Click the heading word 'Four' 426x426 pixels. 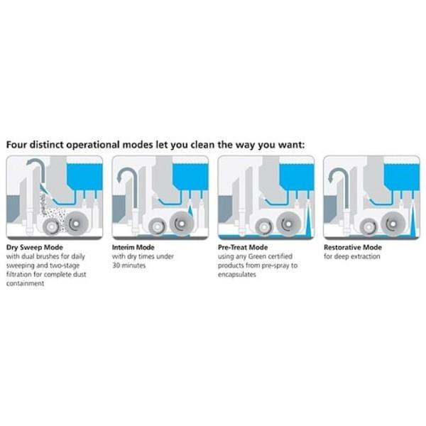pos(16,145)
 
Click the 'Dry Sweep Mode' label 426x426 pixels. pos(35,248)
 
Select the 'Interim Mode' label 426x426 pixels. pos(133,247)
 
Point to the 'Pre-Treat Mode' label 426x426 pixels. pos(243,247)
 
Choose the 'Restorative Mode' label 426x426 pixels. pos(353,247)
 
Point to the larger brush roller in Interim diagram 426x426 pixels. pos(182,224)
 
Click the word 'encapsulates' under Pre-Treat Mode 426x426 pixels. pos(237,274)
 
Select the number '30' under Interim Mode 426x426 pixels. pos(116,266)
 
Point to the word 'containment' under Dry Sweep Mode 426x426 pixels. pos(26,283)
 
